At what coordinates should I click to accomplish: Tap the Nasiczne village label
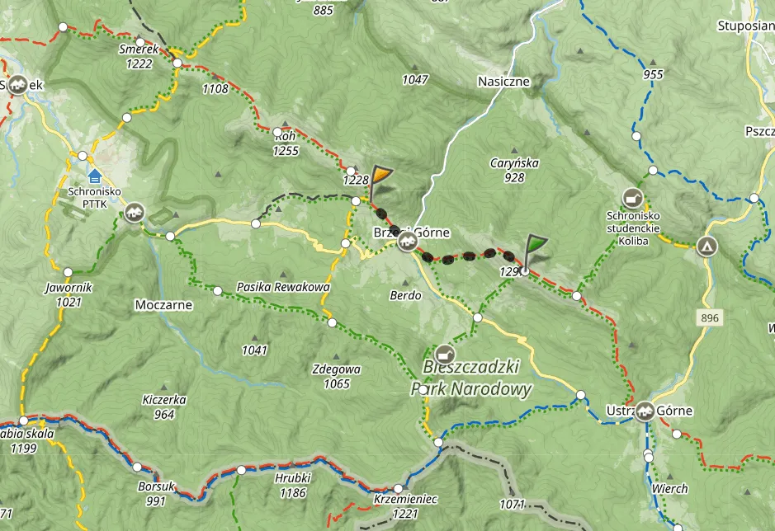(x=503, y=82)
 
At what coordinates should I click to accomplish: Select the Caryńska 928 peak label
(x=514, y=170)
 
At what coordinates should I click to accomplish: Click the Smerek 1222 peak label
(x=138, y=55)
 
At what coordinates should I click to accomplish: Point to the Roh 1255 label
(x=286, y=144)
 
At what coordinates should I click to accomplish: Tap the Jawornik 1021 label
(x=69, y=295)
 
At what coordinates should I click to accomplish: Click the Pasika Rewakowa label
(x=283, y=287)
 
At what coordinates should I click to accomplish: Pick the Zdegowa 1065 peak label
(x=337, y=377)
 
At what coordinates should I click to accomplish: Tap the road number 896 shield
(x=707, y=317)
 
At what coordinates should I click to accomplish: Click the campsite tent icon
(x=706, y=247)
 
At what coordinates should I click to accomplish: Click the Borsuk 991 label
(x=157, y=493)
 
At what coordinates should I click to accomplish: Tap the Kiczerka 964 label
(x=163, y=407)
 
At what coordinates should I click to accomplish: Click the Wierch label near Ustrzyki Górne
(x=669, y=488)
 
